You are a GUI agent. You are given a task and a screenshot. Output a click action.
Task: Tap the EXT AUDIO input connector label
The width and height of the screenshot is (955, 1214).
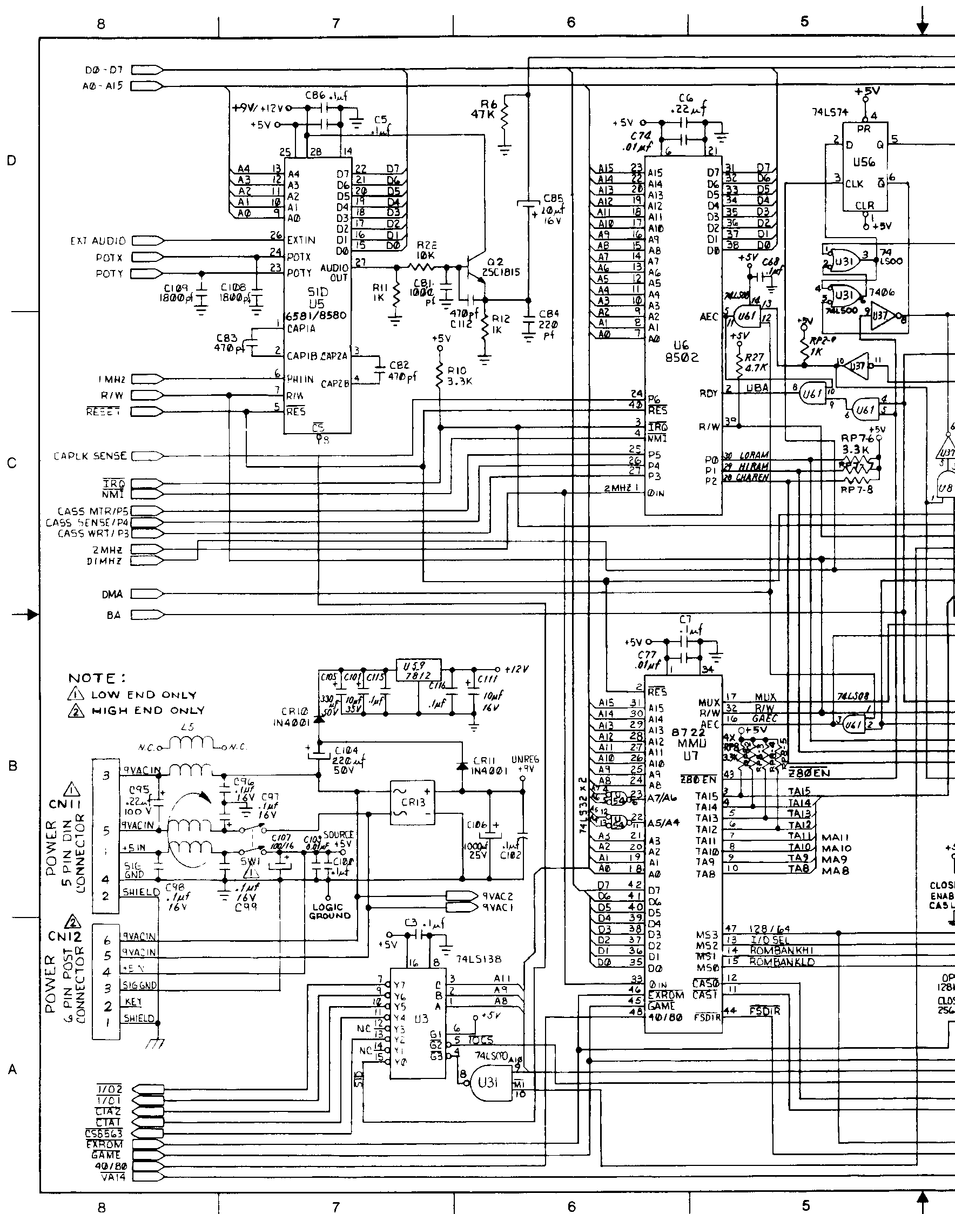[98, 241]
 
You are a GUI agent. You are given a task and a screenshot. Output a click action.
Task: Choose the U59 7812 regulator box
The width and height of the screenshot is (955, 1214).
[418, 670]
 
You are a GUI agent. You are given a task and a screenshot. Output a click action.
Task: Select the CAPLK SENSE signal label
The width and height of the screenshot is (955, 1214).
[90, 456]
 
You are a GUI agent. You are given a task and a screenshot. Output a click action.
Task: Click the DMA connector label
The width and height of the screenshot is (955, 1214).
[112, 594]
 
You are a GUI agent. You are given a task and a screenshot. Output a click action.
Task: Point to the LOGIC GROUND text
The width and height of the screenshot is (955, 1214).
[330, 912]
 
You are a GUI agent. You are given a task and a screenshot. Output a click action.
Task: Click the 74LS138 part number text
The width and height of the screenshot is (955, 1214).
[479, 959]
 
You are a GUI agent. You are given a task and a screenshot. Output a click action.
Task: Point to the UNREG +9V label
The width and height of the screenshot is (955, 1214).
[525, 764]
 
